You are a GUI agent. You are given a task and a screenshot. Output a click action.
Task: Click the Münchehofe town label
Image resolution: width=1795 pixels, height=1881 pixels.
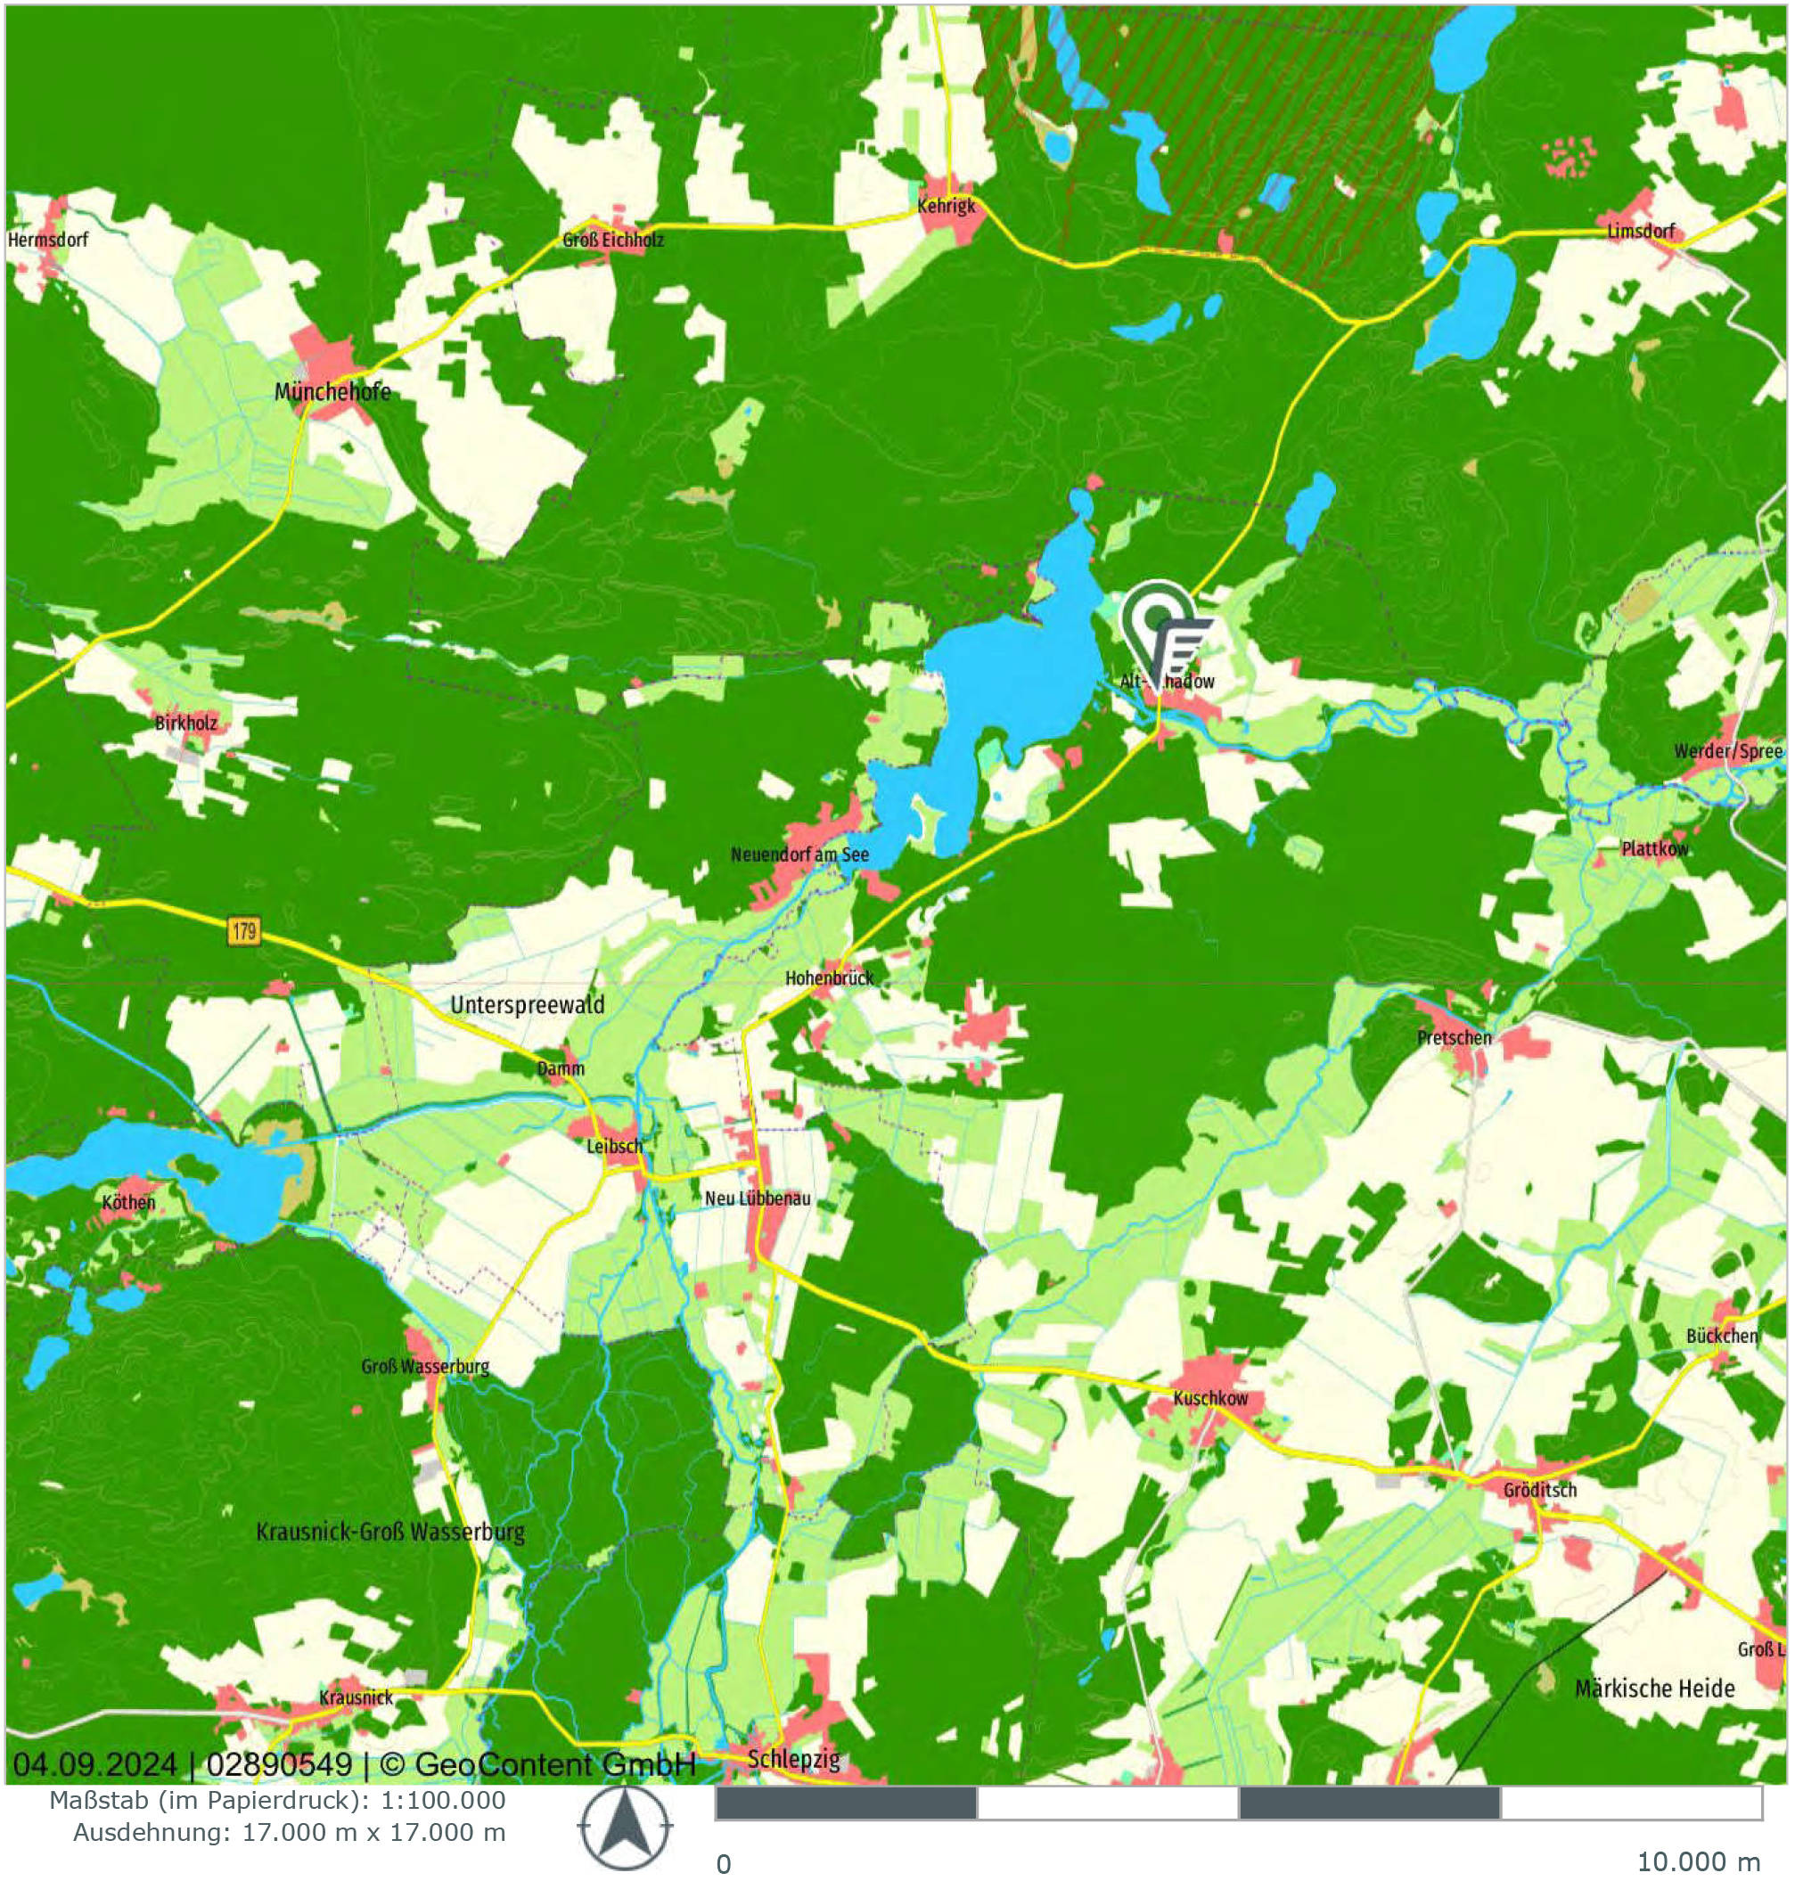(332, 391)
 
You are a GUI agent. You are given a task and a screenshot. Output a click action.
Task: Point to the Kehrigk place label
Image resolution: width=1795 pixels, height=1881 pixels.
(947, 206)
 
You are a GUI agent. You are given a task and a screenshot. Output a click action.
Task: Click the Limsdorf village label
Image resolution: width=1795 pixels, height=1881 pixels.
(1641, 232)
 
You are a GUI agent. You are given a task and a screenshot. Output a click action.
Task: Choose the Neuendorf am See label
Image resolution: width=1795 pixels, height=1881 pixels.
(799, 854)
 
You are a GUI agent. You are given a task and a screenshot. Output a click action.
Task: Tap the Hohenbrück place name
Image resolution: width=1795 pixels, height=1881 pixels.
(829, 977)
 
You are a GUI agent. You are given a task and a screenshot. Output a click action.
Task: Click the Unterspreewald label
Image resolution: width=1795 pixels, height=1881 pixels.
(528, 1004)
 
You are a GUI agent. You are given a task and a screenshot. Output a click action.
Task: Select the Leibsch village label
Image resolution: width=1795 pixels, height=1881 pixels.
(614, 1145)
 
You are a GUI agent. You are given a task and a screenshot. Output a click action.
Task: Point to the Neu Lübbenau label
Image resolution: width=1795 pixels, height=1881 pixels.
(757, 1198)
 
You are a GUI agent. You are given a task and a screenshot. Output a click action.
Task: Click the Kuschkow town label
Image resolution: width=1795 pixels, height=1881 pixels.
(1210, 1398)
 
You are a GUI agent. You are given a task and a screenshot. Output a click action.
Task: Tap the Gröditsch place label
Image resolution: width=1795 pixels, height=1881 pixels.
(1539, 1490)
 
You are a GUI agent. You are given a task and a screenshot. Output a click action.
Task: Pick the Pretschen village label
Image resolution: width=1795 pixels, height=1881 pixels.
(1454, 1037)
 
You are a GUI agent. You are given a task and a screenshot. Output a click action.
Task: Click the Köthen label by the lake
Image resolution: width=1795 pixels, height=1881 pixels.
(128, 1202)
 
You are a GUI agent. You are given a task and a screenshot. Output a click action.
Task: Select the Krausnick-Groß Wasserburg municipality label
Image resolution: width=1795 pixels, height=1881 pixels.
(390, 1532)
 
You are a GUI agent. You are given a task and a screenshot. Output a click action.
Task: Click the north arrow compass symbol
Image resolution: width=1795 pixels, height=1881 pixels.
(625, 1829)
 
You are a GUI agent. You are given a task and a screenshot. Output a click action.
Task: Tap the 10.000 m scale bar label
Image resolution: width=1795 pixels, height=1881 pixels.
(1697, 1862)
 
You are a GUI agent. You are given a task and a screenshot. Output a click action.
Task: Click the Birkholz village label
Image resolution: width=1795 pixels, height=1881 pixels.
(186, 724)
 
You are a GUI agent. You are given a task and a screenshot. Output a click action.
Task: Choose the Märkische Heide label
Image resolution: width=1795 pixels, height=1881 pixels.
(1654, 1689)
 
